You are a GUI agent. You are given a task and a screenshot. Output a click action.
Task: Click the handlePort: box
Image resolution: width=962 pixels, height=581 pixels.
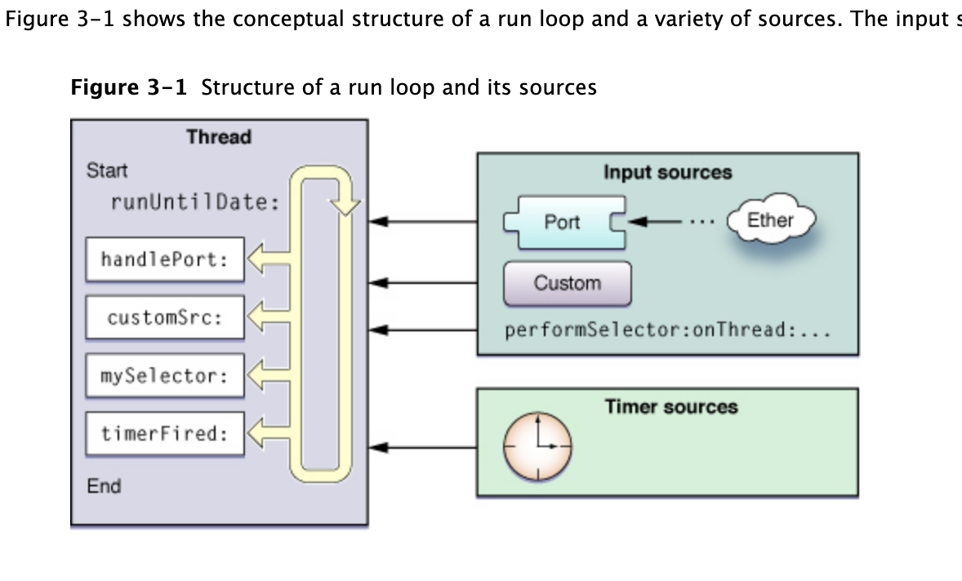tap(164, 259)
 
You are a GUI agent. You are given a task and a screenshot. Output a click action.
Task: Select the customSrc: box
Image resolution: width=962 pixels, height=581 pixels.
tap(164, 317)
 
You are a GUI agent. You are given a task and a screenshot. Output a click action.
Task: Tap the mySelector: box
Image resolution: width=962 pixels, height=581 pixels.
tap(164, 376)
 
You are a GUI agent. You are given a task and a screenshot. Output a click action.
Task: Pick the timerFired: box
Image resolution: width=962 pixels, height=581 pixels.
tap(164, 434)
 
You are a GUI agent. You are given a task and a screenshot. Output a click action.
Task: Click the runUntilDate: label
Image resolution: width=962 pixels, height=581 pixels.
tap(195, 202)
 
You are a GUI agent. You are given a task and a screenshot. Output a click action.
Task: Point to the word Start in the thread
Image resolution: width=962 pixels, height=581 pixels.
tap(107, 171)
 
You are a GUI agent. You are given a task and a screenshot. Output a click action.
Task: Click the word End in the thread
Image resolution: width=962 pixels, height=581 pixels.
tap(104, 486)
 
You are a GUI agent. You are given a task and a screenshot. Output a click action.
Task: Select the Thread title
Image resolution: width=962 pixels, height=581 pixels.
tap(219, 137)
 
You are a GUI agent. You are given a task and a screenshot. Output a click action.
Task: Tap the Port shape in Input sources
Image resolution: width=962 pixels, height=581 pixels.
tap(563, 222)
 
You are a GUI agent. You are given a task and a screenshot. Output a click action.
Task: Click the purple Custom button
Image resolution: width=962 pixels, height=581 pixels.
tap(567, 283)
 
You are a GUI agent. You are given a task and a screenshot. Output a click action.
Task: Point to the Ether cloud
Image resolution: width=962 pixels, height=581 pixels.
tap(770, 220)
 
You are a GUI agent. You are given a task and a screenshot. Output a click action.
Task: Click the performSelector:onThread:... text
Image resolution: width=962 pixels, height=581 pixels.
tap(667, 331)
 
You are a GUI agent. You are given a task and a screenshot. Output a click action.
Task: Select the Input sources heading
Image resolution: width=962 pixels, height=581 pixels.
tap(667, 173)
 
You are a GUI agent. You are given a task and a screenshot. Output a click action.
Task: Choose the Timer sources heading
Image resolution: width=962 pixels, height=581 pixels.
tap(670, 406)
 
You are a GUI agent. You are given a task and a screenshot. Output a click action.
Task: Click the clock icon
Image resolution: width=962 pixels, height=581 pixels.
tap(537, 446)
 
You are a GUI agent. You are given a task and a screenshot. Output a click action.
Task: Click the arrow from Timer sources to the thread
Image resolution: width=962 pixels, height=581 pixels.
tap(422, 447)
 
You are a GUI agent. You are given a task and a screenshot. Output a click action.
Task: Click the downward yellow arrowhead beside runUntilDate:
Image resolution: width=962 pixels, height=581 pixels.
tap(347, 206)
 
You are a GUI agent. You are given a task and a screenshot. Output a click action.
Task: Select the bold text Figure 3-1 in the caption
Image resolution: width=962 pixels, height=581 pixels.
tap(129, 86)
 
